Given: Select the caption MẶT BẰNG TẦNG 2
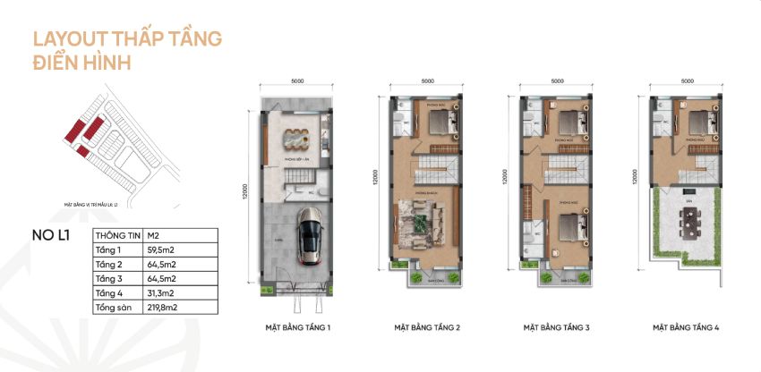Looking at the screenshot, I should click(427, 328).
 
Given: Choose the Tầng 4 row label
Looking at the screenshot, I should click(107, 292).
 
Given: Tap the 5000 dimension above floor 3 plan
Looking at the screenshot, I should click(558, 80).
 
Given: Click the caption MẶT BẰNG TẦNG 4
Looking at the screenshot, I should click(687, 328).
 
